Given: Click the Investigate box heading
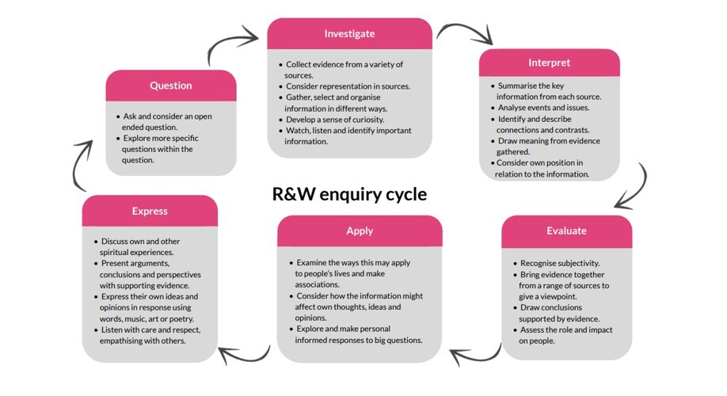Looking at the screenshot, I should [349, 34].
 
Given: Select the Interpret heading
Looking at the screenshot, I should [549, 63].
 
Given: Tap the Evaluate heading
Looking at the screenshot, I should [566, 231].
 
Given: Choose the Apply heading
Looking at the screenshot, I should [360, 231].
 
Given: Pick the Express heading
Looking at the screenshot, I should [150, 211].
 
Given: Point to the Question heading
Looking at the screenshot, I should [171, 86].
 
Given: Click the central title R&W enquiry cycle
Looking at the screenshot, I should [349, 194].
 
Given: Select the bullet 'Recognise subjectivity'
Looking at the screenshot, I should [560, 262].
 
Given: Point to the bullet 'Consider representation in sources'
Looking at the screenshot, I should [348, 86].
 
